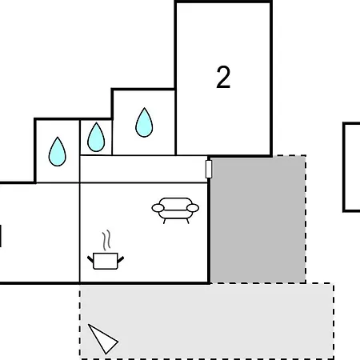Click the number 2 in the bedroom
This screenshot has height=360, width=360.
point(223,77)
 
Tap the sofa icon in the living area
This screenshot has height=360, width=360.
point(175,210)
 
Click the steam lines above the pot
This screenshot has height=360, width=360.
point(106,240)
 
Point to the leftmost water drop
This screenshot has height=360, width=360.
point(58,152)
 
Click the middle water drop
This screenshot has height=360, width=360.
point(96,138)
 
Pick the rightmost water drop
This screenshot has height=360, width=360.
point(144,122)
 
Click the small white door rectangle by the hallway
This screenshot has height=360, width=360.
point(209,169)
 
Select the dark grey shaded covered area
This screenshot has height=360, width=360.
point(258,219)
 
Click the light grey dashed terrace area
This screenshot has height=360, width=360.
point(206,322)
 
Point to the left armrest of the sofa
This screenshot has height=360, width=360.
point(158,208)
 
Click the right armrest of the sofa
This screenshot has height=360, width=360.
point(193,208)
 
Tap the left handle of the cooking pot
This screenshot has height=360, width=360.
point(90,259)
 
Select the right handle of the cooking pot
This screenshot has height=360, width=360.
point(121,259)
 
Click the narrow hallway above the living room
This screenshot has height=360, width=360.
point(144,169)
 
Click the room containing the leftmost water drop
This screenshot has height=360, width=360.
point(58,151)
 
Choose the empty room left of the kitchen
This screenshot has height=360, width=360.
point(39,233)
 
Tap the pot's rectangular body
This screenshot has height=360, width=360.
point(106,261)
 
